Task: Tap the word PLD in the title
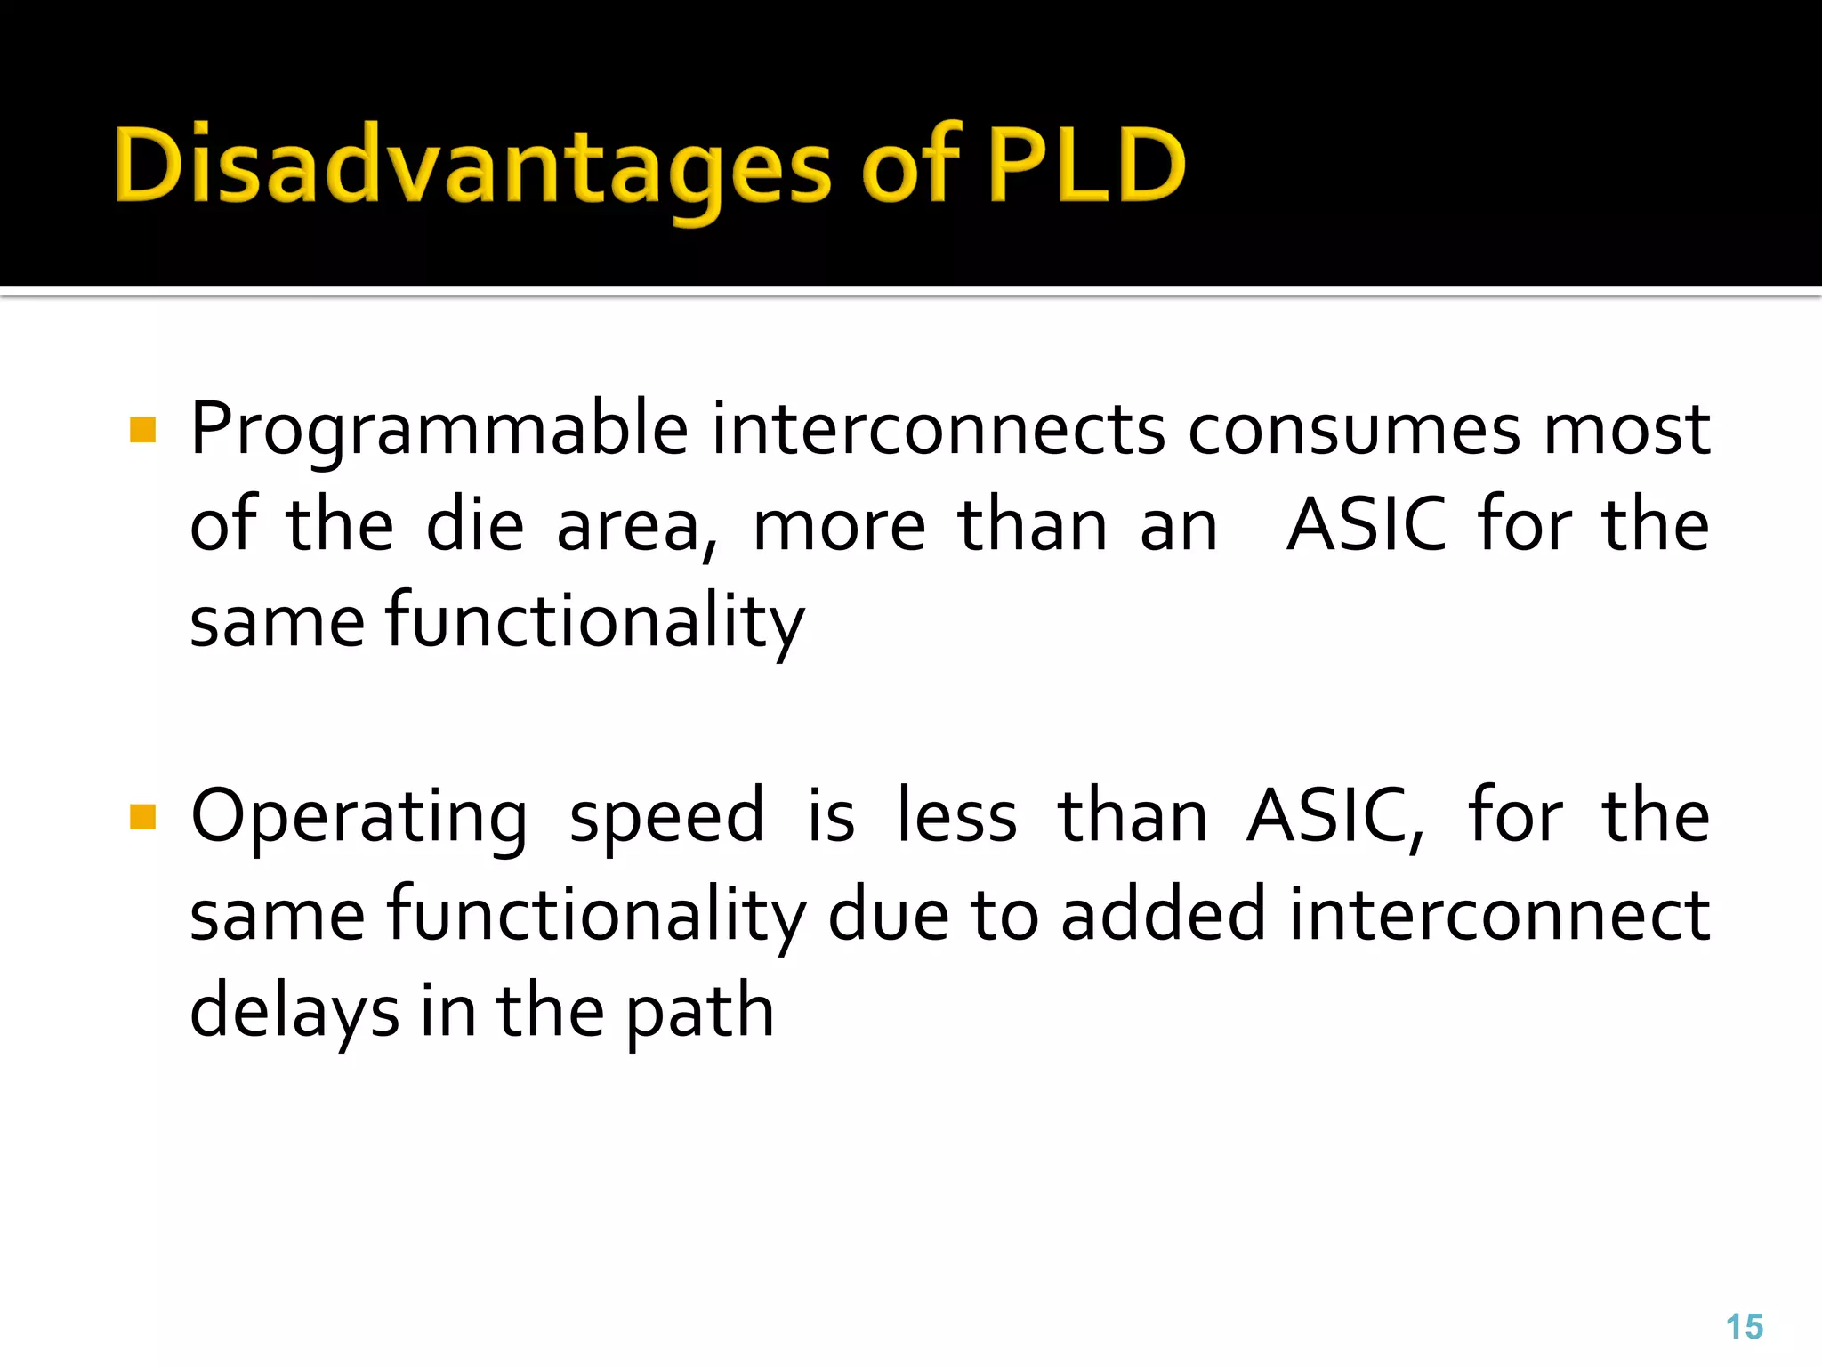(x=1085, y=165)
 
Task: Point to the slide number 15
(x=1744, y=1327)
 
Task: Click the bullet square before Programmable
(x=142, y=431)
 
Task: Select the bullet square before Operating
(x=142, y=817)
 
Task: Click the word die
(x=475, y=525)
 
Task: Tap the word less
(x=956, y=817)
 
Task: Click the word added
(x=1163, y=914)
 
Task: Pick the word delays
(x=294, y=1012)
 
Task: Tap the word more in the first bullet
(x=839, y=527)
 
